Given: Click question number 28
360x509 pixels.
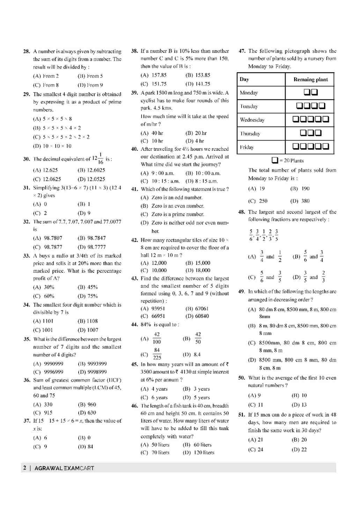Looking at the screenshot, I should coord(27,51).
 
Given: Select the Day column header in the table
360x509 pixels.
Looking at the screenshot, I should coord(244,79).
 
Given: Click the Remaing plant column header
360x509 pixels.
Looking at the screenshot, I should coord(310,80).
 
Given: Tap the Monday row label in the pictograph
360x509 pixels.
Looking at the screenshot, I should coord(249,93).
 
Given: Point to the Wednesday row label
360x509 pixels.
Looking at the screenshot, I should coord(252,120).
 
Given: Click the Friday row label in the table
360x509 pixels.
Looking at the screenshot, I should coord(247,147).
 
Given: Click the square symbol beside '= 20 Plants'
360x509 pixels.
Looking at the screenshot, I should coord(275,160).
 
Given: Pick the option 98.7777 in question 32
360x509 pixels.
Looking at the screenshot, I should coord(92,247).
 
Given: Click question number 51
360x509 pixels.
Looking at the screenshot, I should coord(241,415).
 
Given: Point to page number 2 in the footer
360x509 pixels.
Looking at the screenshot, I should coord(24,468).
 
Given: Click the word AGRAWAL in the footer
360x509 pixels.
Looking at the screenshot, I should coord(49,468).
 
